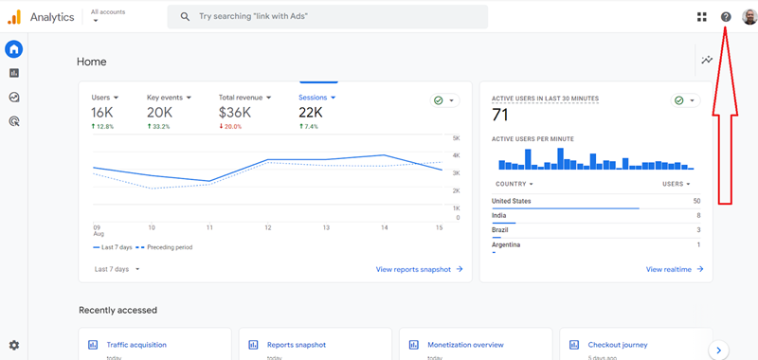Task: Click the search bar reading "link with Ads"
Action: pyautogui.click(x=327, y=17)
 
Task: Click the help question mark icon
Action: pyautogui.click(x=726, y=17)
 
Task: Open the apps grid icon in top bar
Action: pyautogui.click(x=702, y=17)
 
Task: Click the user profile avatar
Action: pyautogui.click(x=749, y=17)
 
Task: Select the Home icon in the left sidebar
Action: pyautogui.click(x=14, y=49)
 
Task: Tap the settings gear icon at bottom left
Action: pyautogui.click(x=14, y=346)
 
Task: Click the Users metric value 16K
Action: pyautogui.click(x=102, y=113)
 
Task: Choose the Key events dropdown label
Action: pyautogui.click(x=169, y=97)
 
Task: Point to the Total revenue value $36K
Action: pyautogui.click(x=234, y=113)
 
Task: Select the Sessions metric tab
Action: pyautogui.click(x=317, y=97)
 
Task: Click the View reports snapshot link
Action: pyautogui.click(x=419, y=269)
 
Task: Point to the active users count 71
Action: pyautogui.click(x=501, y=115)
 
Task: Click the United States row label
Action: pyautogui.click(x=512, y=201)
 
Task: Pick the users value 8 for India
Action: pyautogui.click(x=698, y=216)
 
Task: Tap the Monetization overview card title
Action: pyautogui.click(x=464, y=345)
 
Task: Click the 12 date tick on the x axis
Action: pyautogui.click(x=268, y=227)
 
